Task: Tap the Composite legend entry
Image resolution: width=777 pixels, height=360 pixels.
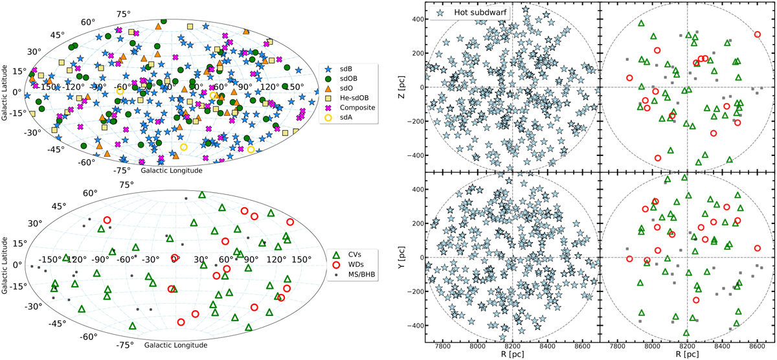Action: (x=359, y=107)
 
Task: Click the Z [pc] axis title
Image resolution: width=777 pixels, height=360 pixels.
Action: (x=406, y=87)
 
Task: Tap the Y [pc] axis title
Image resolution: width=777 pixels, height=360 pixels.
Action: (x=406, y=257)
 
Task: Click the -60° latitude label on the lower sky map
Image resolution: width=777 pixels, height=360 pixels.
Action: (x=89, y=337)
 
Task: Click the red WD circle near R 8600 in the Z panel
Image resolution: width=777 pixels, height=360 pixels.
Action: (x=757, y=34)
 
